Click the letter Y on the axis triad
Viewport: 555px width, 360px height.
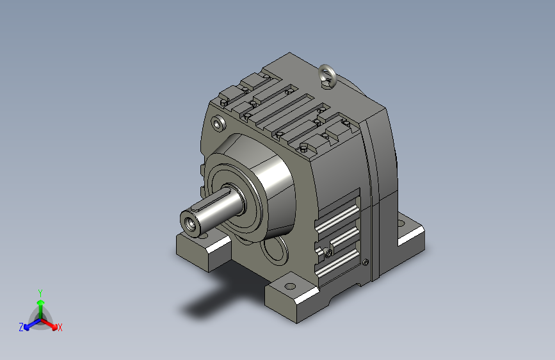tap(40, 293)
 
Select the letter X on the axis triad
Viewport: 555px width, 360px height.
tap(60, 327)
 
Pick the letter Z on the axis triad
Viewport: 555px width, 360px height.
tap(21, 327)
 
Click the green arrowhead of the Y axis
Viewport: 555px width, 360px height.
tap(41, 302)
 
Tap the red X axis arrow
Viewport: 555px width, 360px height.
tap(49, 323)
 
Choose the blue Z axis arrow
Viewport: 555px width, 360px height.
tap(33, 324)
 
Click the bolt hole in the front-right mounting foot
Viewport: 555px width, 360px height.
tap(290, 286)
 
